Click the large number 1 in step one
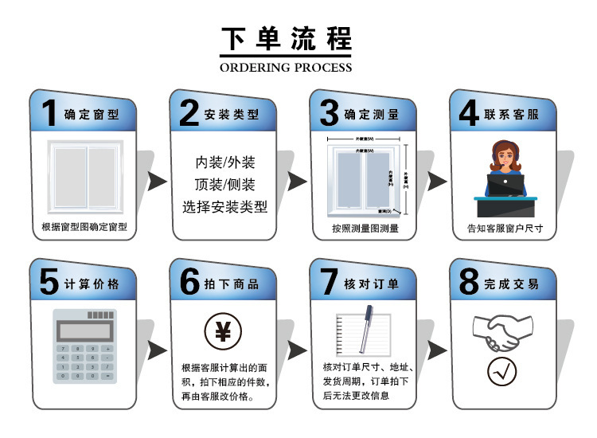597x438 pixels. coord(49,111)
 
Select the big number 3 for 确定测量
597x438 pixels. coord(329,112)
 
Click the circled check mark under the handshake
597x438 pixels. coord(502,370)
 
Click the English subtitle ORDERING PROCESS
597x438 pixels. coord(286,68)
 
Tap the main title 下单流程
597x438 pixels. coord(286,37)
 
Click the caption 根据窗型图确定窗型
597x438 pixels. coord(84,227)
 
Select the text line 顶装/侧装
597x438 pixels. coord(225,185)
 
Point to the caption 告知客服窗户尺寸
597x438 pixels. coord(505,228)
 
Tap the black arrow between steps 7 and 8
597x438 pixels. coord(437,349)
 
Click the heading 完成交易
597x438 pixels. coord(511,284)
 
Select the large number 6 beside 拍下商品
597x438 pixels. coord(189,282)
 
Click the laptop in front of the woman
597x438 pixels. coord(505,186)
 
